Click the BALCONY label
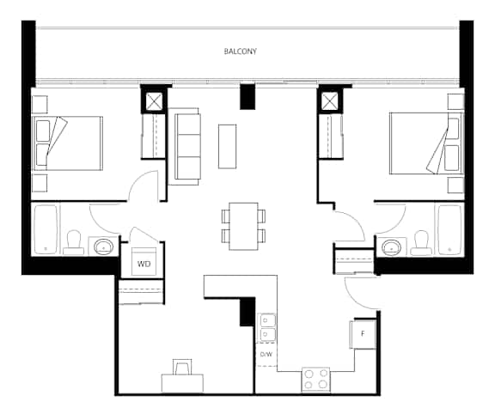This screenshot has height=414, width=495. tap(241, 52)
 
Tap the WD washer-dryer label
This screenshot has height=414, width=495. tap(144, 264)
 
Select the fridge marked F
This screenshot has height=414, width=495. tap(363, 334)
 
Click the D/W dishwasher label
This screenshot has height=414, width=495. tap(266, 355)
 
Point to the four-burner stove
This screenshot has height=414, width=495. tap(315, 380)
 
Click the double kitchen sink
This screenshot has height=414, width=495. tap(267, 327)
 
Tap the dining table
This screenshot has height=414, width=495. tap(243, 226)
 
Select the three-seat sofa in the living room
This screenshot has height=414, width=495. tap(185, 146)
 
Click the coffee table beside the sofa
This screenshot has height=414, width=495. tap(227, 146)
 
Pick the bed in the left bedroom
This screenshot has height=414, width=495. tap(68, 143)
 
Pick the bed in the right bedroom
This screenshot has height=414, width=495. tap(425, 143)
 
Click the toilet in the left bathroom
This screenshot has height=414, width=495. tap(74, 243)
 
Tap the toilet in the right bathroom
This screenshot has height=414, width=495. tap(421, 243)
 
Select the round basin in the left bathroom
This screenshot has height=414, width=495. tap(104, 246)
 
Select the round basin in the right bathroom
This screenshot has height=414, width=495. tap(392, 247)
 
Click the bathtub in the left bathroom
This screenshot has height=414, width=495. tap(46, 229)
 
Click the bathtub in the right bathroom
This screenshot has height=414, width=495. tap(449, 229)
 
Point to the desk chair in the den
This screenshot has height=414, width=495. tap(182, 367)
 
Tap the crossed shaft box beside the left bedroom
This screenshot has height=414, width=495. tap(153, 101)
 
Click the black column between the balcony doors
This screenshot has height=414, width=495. tap(247, 96)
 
